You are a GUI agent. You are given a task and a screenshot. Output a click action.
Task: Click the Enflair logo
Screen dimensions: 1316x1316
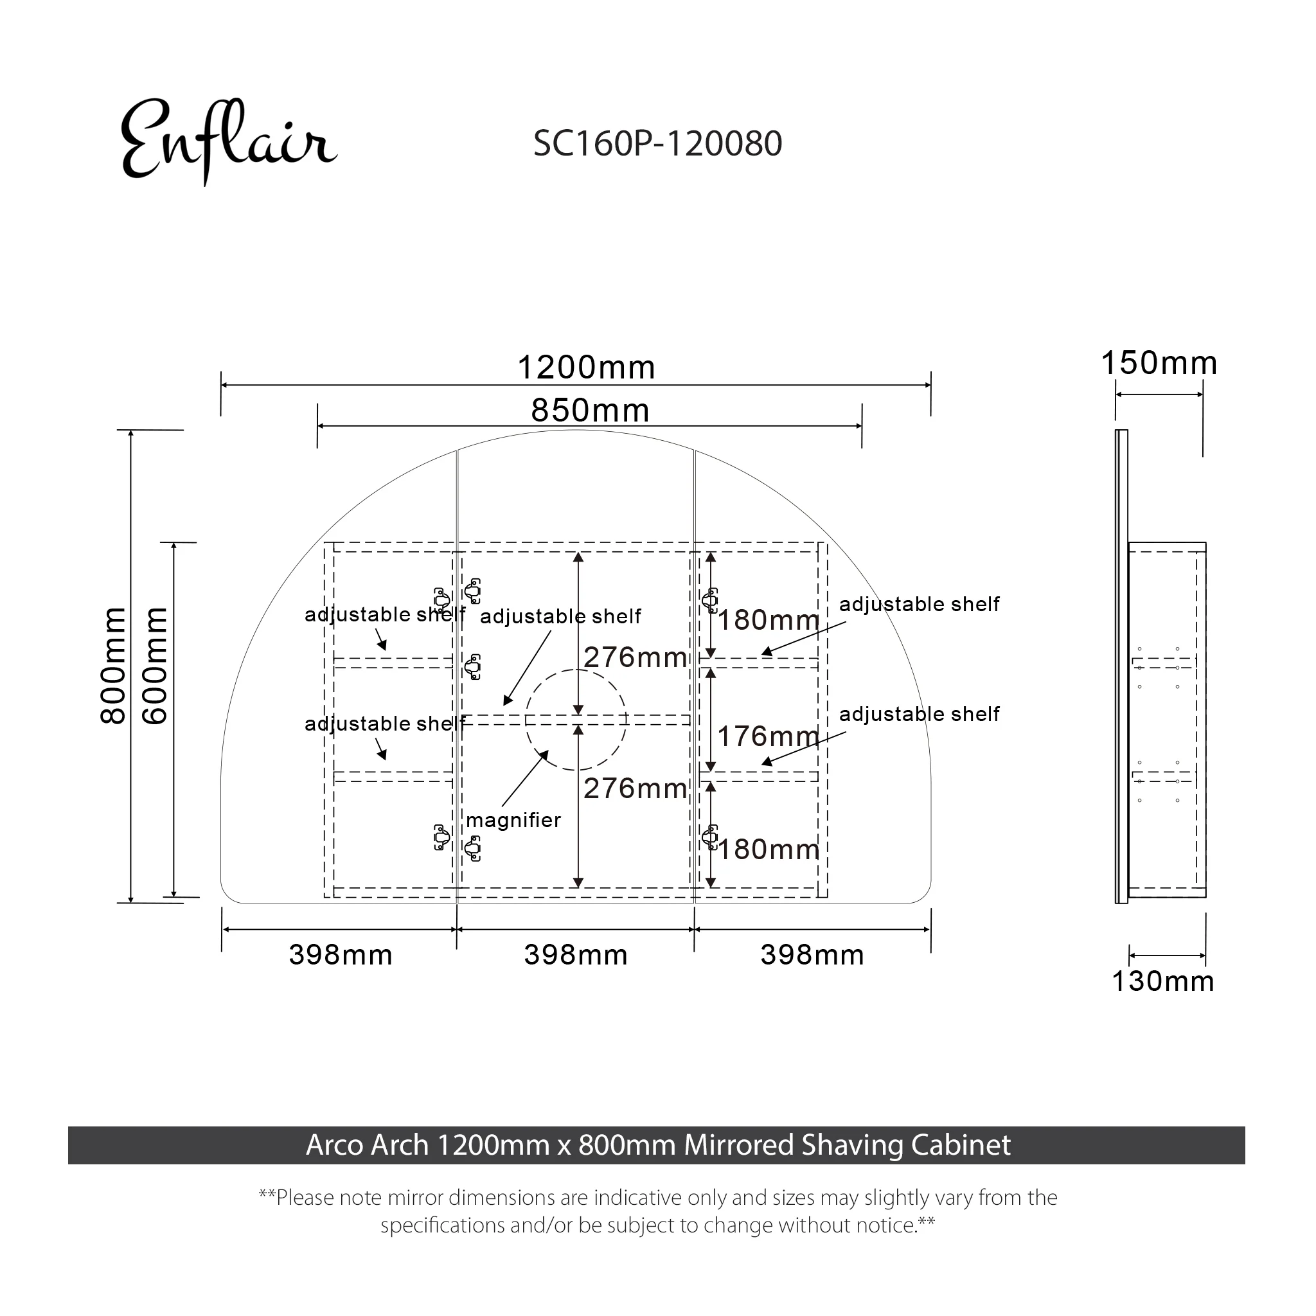click(x=228, y=141)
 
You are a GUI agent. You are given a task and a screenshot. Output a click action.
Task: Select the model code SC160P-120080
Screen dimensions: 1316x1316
click(x=657, y=144)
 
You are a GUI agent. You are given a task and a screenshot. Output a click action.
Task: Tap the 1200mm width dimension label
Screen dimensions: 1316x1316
click(x=587, y=368)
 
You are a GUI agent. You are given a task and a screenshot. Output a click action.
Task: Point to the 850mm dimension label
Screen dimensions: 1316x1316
click(x=590, y=411)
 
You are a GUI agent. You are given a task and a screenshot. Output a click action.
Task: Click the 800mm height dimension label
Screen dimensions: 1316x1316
click(x=113, y=666)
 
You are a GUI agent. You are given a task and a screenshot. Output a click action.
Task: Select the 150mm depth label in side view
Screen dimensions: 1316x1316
click(x=1159, y=363)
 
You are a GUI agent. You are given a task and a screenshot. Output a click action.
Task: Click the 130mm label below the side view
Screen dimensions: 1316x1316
click(x=1162, y=982)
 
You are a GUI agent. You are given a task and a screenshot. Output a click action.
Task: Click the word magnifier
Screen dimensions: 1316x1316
click(x=513, y=820)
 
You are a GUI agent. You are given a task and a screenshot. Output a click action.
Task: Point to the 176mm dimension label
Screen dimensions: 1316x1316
click(x=768, y=736)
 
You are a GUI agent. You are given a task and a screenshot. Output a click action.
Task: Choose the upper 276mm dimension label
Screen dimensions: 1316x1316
click(x=635, y=657)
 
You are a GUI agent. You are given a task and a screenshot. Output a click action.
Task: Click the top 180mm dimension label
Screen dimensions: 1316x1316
click(x=768, y=621)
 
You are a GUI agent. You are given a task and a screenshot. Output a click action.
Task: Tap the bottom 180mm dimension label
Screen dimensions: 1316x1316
click(x=768, y=850)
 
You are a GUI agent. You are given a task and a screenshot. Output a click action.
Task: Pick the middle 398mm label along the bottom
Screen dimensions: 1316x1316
click(x=576, y=955)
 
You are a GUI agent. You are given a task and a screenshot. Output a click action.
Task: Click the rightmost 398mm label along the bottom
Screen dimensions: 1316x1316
click(x=812, y=955)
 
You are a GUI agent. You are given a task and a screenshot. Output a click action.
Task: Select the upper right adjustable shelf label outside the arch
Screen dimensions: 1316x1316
click(x=919, y=604)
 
